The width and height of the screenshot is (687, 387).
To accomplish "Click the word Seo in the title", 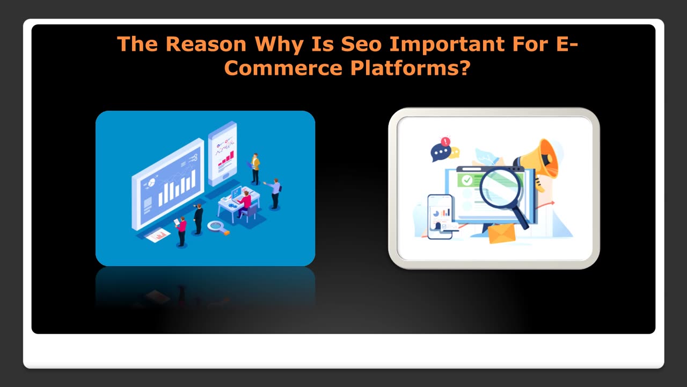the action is (362, 44).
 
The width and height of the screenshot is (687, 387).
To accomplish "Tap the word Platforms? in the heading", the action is (410, 68).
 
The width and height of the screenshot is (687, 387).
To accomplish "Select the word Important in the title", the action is (447, 44).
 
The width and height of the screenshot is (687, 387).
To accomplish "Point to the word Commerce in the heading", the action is (283, 68).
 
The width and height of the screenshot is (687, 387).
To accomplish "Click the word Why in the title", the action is (279, 45).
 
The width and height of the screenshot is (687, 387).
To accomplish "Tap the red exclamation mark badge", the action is (445, 141).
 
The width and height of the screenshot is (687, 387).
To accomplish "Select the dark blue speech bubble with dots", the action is (441, 153).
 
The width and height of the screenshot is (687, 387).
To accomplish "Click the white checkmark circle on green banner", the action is (467, 180).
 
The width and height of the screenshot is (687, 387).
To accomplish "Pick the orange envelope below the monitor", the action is (501, 233).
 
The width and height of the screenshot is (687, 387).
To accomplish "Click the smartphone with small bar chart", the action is (440, 217).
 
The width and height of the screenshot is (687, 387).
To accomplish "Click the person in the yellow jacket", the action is (255, 169).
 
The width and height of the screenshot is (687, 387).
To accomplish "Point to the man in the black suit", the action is (199, 219).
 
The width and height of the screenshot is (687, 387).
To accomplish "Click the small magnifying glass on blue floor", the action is (218, 227).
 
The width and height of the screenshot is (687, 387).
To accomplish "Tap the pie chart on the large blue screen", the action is (151, 183).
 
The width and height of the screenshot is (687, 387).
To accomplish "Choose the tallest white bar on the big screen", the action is (194, 180).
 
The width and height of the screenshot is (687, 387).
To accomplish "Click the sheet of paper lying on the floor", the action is (158, 235).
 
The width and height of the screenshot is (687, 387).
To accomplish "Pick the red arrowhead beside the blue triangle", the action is (552, 203).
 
